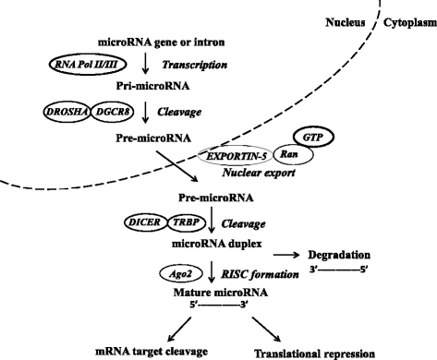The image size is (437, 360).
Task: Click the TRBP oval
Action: coord(187,222)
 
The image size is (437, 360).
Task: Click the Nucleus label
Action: coord(336,15)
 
